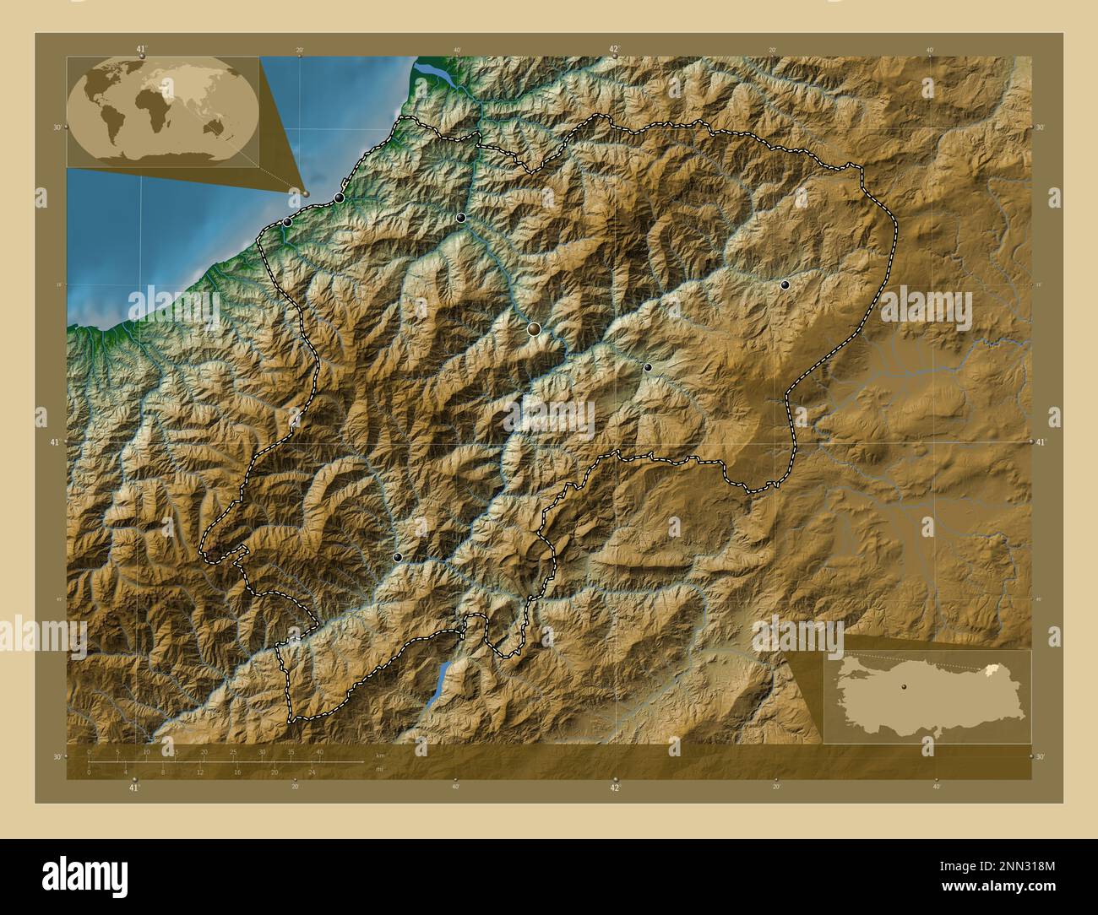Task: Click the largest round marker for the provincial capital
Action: [x=534, y=329]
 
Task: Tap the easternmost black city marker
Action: [x=785, y=285]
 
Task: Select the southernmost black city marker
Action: [x=398, y=557]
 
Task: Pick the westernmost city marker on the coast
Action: [x=287, y=222]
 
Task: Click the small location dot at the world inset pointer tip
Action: [x=306, y=193]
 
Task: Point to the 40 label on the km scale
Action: [x=319, y=751]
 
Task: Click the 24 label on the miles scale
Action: [x=312, y=772]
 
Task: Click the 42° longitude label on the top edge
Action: [x=615, y=49]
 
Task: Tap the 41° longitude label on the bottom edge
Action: [x=133, y=788]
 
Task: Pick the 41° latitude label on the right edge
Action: [x=1041, y=442]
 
